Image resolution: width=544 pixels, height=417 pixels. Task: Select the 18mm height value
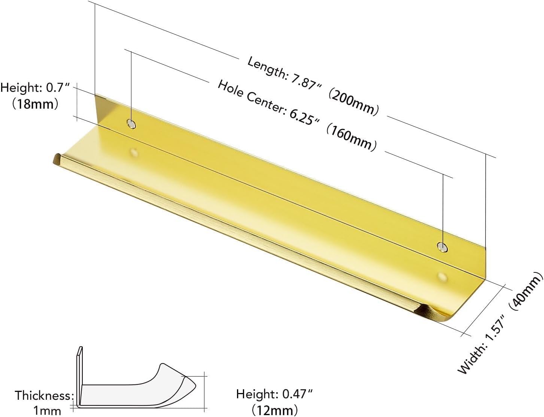35,104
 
